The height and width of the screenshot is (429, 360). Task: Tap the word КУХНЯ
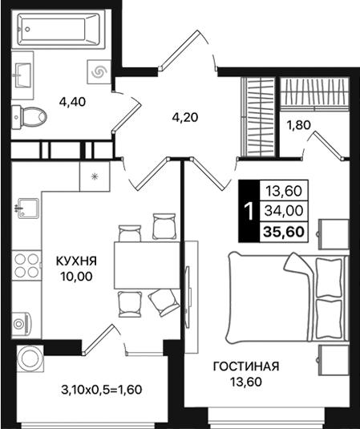[76, 261]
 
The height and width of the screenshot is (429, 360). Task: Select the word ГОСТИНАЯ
[245, 366]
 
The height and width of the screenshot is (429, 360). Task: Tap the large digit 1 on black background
[250, 212]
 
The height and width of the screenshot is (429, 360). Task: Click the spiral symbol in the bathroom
[99, 72]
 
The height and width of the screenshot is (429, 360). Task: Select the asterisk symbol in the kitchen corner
[95, 176]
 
